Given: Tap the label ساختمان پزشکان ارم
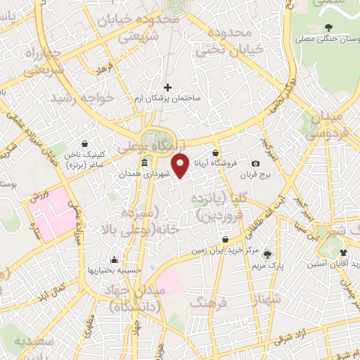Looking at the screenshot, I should coord(168,99).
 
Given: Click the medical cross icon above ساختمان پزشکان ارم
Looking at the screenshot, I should coord(167,88).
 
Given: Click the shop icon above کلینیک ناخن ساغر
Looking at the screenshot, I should coord(84,143).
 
